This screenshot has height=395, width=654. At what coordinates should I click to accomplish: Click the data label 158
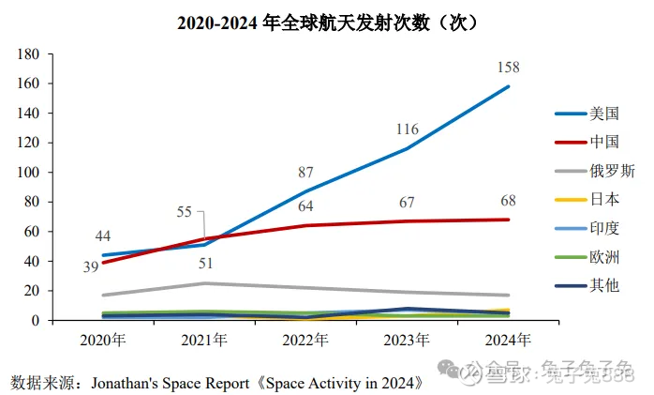[x=508, y=68]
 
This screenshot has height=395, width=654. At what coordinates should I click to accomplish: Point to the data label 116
[x=407, y=129]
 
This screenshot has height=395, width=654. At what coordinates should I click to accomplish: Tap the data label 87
[x=306, y=172]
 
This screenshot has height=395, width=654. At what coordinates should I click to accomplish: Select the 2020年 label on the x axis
[x=105, y=338]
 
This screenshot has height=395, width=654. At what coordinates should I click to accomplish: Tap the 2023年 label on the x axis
[x=408, y=338]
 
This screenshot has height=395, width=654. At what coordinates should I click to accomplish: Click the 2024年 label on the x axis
[x=508, y=338]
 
